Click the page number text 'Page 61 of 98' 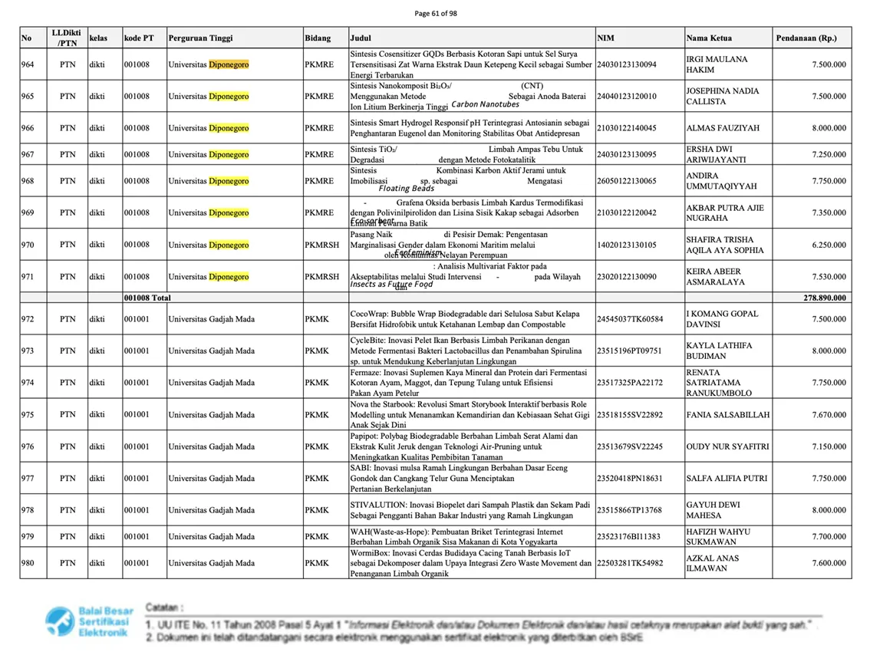[x=435, y=13]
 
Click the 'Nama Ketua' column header [x=709, y=38]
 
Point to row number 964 [x=28, y=65]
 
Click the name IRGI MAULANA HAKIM [x=717, y=65]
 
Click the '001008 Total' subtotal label [x=147, y=298]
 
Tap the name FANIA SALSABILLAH [x=727, y=415]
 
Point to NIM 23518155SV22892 [x=629, y=415]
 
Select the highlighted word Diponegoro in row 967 [x=229, y=154]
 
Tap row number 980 [x=28, y=563]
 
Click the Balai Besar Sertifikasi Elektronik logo [x=89, y=624]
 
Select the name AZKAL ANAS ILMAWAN [x=713, y=563]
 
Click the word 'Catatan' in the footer [x=162, y=606]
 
